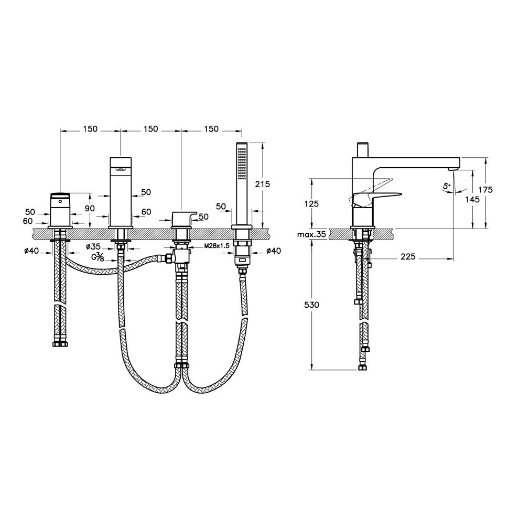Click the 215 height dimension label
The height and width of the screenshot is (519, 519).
(x=263, y=184)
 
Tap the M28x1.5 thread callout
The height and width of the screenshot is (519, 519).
(x=218, y=246)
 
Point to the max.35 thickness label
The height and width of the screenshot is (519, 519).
(x=311, y=235)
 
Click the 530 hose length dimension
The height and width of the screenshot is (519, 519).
(x=311, y=305)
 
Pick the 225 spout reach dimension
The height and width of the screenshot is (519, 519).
(x=407, y=256)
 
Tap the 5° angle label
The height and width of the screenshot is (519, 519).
(x=446, y=187)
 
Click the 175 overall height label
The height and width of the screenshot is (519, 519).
(x=485, y=190)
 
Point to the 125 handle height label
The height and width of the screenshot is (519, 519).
(x=311, y=203)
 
